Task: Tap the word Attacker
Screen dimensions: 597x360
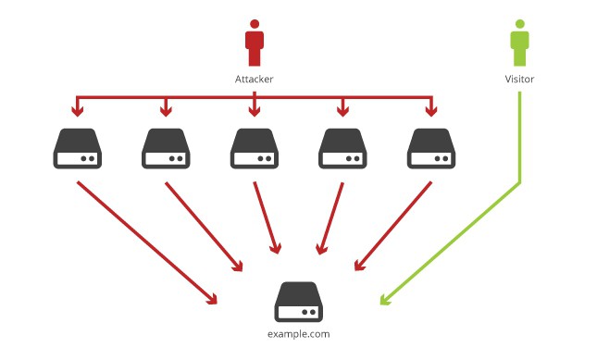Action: click(254, 80)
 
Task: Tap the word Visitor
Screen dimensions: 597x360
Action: click(519, 80)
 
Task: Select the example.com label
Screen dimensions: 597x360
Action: click(298, 334)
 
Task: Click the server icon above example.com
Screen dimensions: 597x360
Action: click(298, 302)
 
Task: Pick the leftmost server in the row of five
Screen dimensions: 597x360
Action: click(78, 148)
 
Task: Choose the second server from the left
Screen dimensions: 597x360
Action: click(166, 148)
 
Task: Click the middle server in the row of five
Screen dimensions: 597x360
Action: click(255, 148)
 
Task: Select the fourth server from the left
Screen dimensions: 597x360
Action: click(342, 148)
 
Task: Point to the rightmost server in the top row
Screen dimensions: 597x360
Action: click(431, 148)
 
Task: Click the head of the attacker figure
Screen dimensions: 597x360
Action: click(255, 24)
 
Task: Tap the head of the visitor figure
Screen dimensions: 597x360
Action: click(519, 24)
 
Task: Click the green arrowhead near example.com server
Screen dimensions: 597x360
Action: click(384, 300)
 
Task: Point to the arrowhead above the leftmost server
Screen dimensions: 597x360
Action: click(78, 111)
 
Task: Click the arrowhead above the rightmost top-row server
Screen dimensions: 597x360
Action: click(431, 111)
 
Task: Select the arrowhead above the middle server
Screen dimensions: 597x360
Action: click(255, 111)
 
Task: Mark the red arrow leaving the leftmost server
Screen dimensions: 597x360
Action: click(147, 242)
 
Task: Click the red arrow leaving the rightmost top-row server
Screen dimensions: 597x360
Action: click(393, 227)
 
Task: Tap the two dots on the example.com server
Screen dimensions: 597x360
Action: click(309, 312)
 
